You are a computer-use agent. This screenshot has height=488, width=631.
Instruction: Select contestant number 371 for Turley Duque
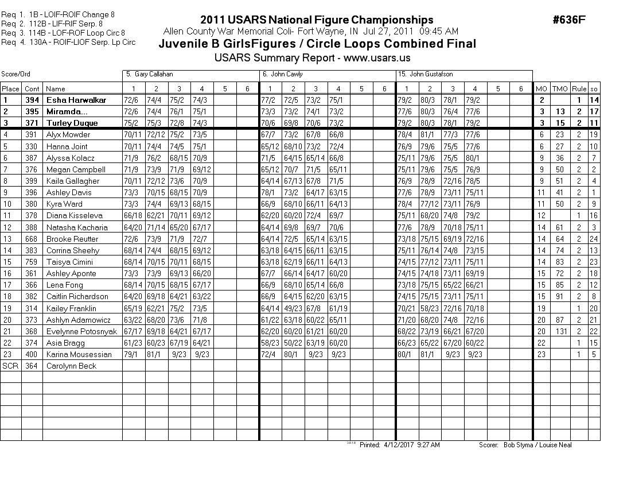pyautogui.click(x=32, y=123)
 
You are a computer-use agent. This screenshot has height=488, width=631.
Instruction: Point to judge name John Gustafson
pyautogui.click(x=426, y=75)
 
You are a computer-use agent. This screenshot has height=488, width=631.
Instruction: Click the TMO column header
pyautogui.click(x=560, y=88)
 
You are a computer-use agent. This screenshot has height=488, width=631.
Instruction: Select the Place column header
pyautogui.click(x=10, y=88)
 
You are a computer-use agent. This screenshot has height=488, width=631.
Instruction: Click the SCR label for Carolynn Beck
pyautogui.click(x=10, y=366)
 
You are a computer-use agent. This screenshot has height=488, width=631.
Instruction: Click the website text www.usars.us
pyautogui.click(x=377, y=58)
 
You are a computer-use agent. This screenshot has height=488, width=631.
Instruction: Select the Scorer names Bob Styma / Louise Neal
pyautogui.click(x=537, y=445)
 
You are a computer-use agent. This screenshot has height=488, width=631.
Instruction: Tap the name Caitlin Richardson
pyautogui.click(x=77, y=296)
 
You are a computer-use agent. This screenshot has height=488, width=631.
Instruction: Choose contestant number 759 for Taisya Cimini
pyautogui.click(x=32, y=262)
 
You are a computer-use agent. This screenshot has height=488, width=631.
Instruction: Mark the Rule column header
pyautogui.click(x=579, y=88)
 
